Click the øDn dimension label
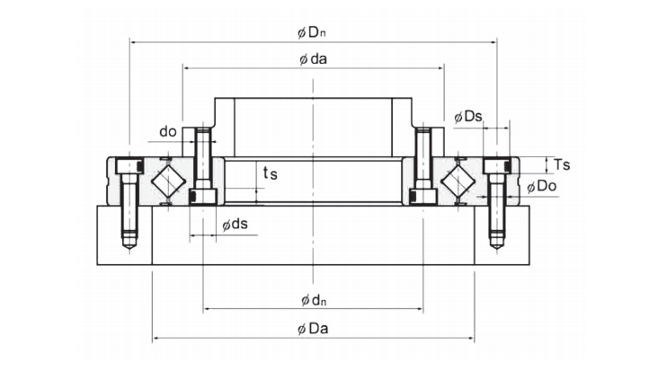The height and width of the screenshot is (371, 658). (x=312, y=32)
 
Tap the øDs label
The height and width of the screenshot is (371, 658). (x=468, y=116)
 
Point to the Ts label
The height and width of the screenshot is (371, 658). (x=562, y=164)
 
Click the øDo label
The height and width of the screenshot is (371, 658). (x=542, y=186)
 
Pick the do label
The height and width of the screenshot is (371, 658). (x=167, y=132)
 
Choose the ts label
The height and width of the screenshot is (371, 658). (x=269, y=173)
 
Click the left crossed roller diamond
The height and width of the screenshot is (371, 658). (x=167, y=181)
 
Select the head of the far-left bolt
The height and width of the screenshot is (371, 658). (x=129, y=166)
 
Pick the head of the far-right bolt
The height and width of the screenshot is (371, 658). (x=495, y=166)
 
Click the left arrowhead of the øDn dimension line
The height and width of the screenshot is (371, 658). (x=133, y=41)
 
